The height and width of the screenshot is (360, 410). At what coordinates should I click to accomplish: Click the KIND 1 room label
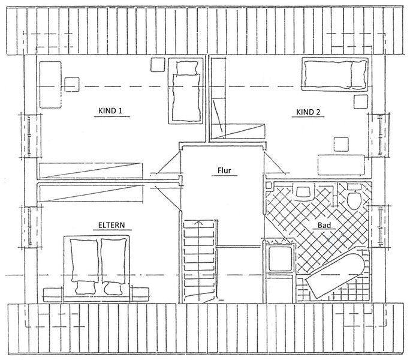point(110,111)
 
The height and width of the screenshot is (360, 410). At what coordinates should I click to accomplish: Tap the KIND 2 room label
point(308,112)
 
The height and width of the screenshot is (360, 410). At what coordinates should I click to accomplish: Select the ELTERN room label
point(111,225)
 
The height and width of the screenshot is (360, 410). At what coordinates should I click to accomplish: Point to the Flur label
point(224,171)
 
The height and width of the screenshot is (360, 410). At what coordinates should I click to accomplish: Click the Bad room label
point(324,225)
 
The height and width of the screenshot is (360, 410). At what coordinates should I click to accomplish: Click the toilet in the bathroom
point(354,196)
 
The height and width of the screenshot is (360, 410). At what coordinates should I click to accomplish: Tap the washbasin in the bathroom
point(303,191)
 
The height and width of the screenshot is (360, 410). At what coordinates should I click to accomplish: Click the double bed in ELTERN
point(97,268)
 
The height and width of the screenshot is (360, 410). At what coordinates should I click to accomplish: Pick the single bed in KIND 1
point(185,91)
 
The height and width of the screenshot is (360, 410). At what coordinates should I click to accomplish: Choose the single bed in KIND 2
point(336,74)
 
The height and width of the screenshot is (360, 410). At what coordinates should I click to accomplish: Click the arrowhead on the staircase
point(199,223)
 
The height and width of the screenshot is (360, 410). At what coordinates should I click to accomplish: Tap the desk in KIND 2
point(341,164)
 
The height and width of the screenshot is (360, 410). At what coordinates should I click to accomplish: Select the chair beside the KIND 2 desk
point(341,144)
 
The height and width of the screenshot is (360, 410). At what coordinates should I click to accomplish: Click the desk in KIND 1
point(50,85)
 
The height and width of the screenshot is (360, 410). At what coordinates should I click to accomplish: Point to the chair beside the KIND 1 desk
point(72,85)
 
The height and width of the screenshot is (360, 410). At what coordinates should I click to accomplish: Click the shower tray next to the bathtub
point(280,257)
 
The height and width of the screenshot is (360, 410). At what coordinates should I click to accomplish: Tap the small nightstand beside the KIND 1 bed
point(158,65)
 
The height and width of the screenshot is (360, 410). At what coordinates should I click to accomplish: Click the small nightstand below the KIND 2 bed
point(361,101)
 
